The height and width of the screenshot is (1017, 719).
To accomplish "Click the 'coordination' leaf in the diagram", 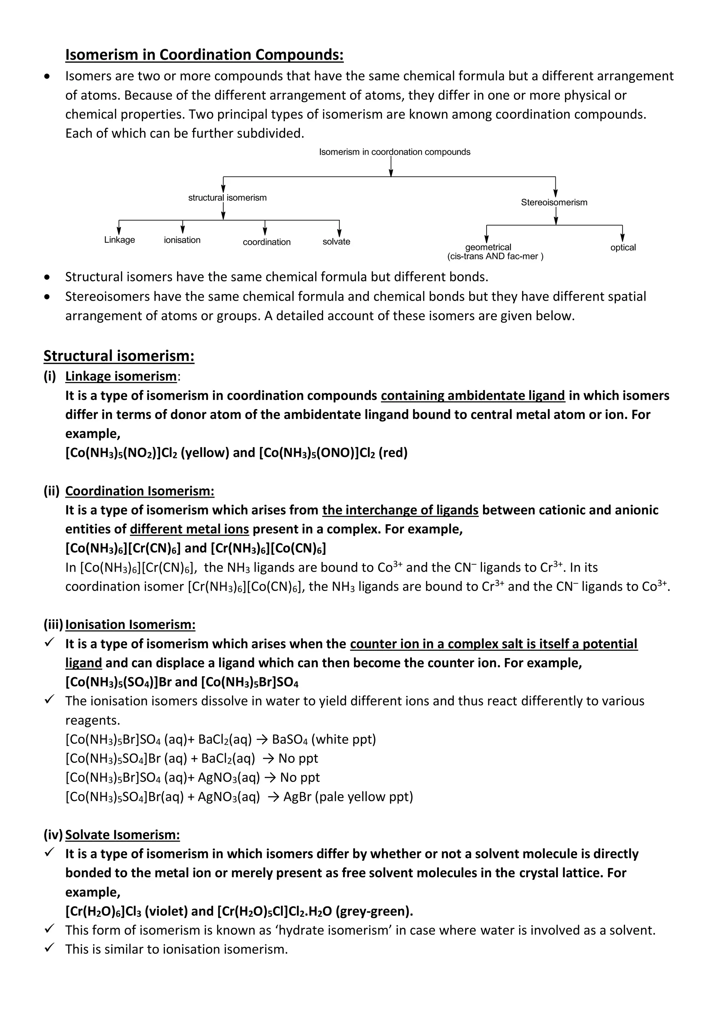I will (266, 242).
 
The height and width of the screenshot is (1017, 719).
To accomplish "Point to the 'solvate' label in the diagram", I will (336, 241).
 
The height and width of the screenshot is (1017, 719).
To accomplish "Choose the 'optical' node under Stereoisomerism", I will (622, 247).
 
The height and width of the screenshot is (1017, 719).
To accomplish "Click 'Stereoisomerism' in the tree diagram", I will (554, 202).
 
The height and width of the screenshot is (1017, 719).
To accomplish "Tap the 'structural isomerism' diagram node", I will (227, 198).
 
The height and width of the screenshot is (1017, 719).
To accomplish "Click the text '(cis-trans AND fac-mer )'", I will (495, 256).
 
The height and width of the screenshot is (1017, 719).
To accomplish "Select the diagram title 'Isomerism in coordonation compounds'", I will (395, 152).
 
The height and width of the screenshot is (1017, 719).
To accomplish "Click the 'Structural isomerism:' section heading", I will (119, 356).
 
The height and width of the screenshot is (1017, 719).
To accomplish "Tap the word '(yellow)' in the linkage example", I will (205, 453).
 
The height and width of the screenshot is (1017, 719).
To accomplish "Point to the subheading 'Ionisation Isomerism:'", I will (130, 624).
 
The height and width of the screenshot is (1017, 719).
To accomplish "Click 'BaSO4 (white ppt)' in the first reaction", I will (324, 739).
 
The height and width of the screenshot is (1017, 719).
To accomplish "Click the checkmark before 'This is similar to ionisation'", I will (50, 949).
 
